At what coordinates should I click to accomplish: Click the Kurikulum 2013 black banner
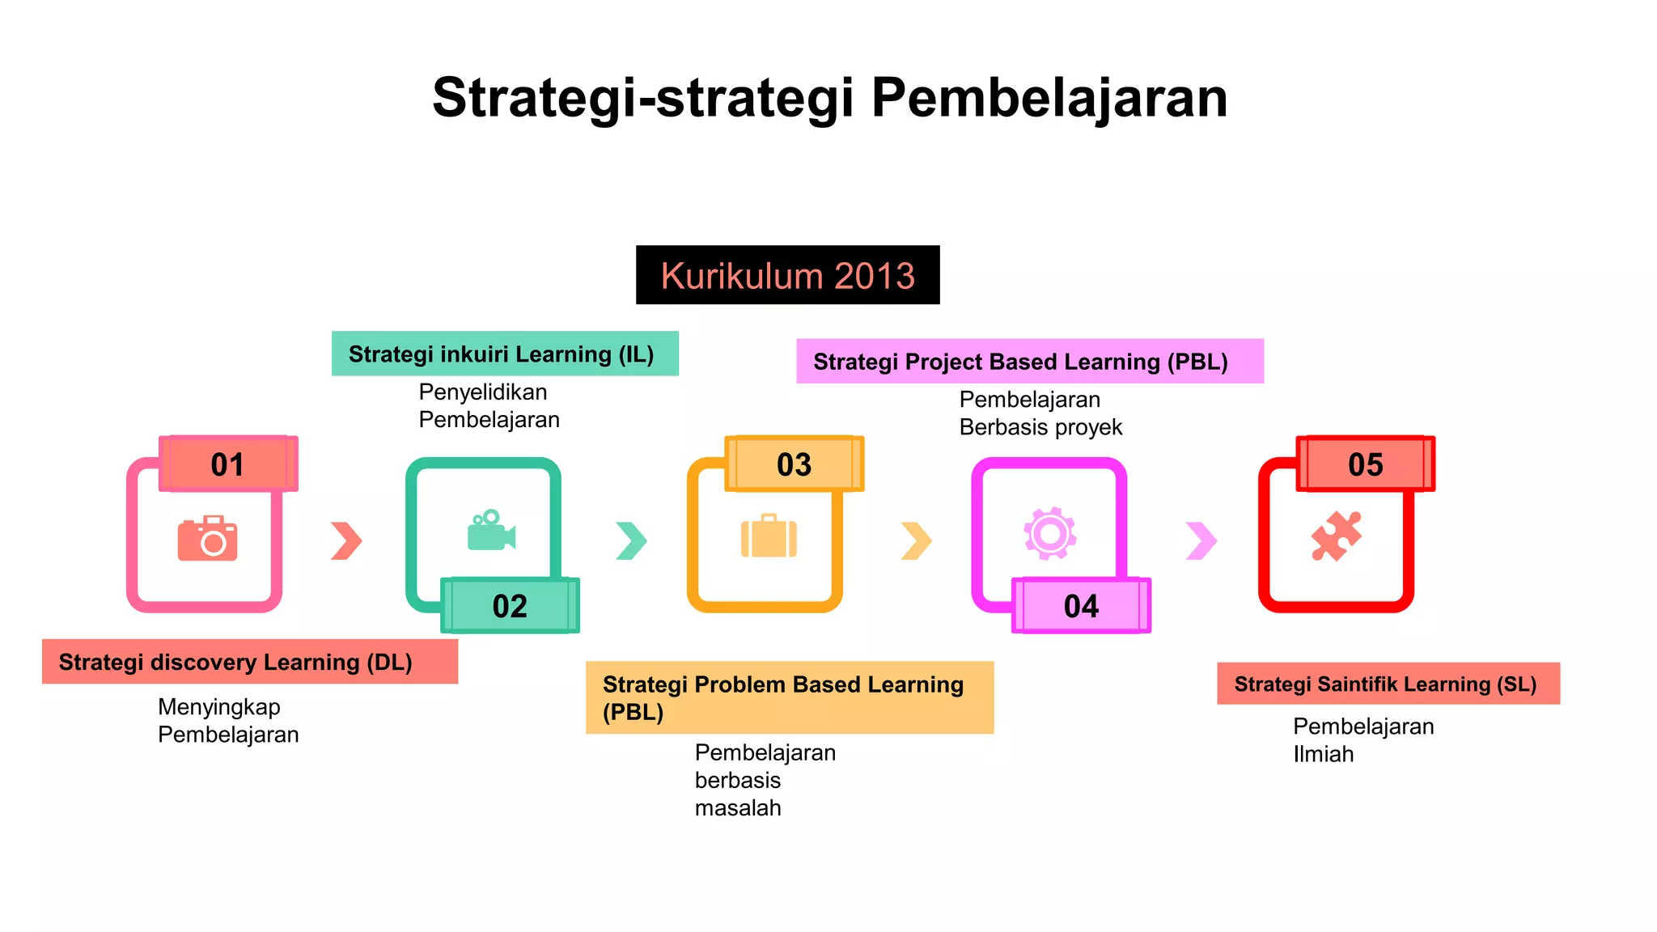[x=787, y=275]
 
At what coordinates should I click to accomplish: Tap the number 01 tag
[x=228, y=464]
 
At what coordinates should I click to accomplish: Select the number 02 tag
[x=510, y=605]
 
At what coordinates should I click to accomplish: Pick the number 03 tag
[x=794, y=464]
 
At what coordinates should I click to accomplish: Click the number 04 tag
[x=1081, y=605]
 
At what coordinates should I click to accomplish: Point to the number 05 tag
[x=1365, y=464]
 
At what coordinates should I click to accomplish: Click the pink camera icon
[x=208, y=538]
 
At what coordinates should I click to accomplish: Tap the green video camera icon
[x=491, y=532]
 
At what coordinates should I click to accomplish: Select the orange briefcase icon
[x=769, y=536]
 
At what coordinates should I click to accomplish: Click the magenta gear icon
[x=1049, y=533]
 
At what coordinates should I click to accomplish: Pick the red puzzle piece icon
[x=1336, y=536]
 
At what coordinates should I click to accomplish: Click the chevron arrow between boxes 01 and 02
[x=346, y=540]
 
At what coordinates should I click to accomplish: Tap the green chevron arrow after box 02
[x=631, y=540]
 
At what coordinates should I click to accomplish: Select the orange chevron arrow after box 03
[x=916, y=540]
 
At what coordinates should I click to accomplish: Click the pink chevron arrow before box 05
[x=1201, y=540]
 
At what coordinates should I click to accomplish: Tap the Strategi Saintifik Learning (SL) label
[x=1388, y=684]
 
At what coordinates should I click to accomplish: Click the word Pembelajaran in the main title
[x=1049, y=98]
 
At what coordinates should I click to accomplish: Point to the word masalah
[x=738, y=807]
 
